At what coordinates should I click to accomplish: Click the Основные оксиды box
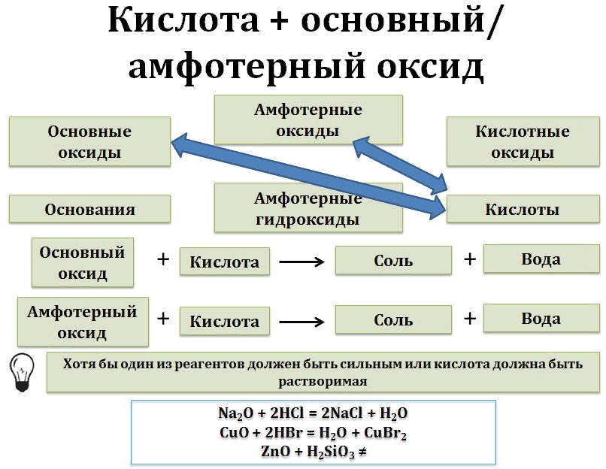(89, 141)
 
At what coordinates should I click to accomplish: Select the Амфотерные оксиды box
(308, 120)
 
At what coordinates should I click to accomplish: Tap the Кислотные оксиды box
(522, 141)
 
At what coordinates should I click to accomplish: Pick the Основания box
(89, 209)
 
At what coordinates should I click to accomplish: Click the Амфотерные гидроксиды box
(308, 208)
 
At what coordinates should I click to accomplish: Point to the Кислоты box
(522, 210)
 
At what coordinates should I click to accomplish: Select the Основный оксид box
(82, 262)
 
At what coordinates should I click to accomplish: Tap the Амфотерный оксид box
(82, 322)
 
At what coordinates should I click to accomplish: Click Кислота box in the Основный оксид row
(224, 262)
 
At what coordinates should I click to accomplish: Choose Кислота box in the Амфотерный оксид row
(224, 322)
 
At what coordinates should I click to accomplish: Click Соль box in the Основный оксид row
(393, 261)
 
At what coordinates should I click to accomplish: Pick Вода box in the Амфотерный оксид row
(541, 319)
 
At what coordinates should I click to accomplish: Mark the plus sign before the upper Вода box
(470, 259)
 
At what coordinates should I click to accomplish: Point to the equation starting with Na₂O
(313, 414)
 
